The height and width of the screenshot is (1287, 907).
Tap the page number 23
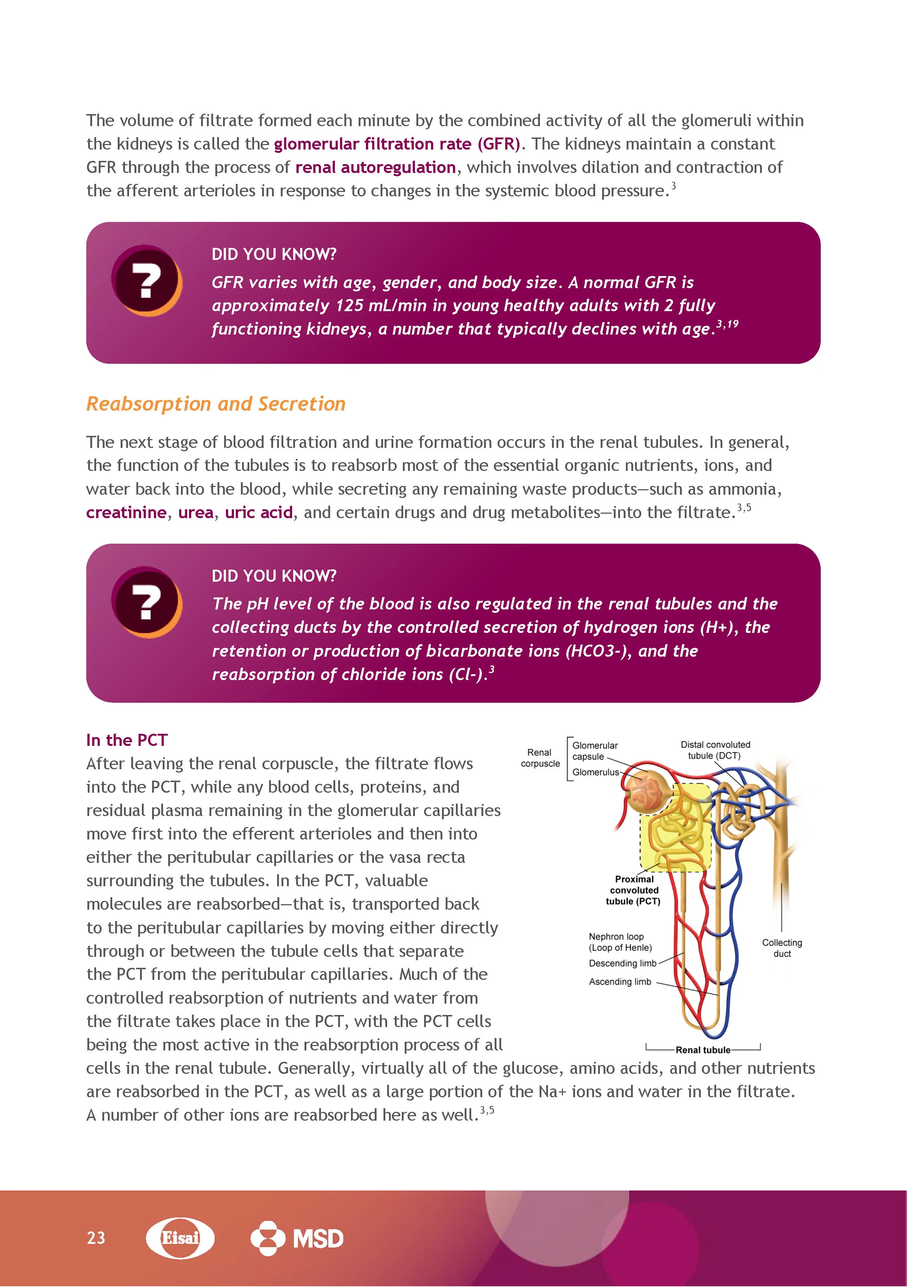96,1238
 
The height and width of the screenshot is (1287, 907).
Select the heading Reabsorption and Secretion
216,404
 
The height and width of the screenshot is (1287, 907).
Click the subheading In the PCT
127,740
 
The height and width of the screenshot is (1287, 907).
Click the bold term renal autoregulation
375,167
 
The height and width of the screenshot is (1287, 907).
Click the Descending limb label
622,963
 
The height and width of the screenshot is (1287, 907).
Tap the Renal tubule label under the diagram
703,1050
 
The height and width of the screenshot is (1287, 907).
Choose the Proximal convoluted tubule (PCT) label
634,890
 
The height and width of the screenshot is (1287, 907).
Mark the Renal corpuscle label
540,758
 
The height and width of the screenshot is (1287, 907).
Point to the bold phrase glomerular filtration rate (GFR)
397,144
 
